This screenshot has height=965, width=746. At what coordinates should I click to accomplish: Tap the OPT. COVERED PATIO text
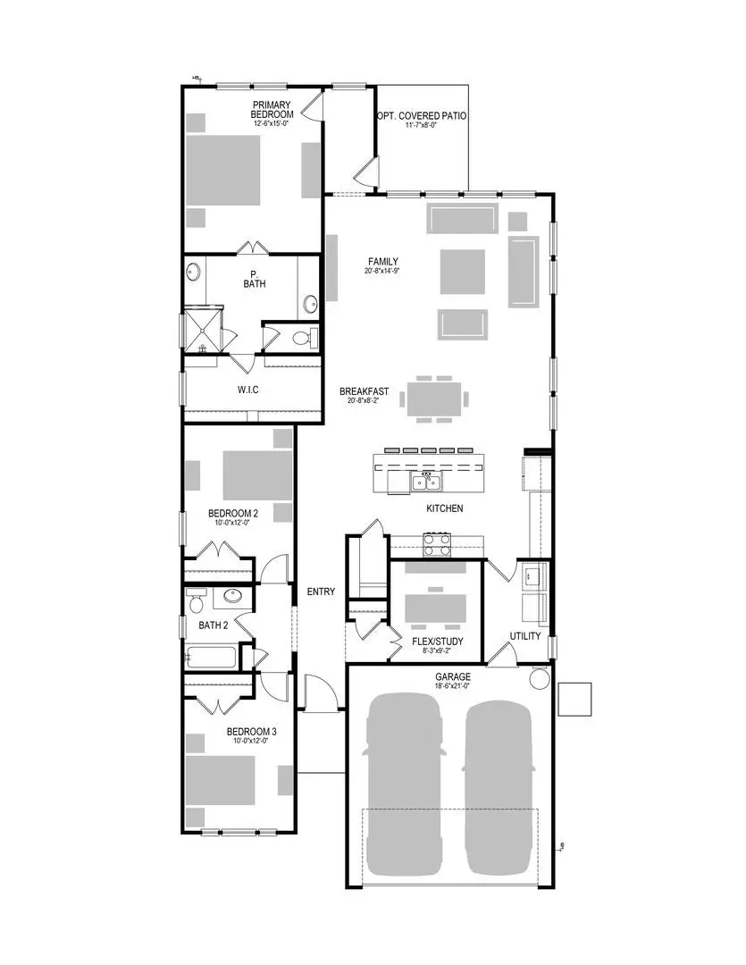[422, 116]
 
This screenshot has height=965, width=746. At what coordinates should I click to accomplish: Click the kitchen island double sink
[427, 482]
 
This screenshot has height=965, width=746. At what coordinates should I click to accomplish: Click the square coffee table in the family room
[463, 272]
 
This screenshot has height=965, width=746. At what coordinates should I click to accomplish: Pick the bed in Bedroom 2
[257, 474]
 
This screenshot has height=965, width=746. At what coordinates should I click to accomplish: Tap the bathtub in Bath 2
[211, 658]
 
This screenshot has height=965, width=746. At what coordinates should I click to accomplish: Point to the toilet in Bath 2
[195, 598]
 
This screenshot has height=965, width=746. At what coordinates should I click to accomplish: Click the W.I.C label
[247, 390]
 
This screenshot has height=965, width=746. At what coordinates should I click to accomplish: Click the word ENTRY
[321, 592]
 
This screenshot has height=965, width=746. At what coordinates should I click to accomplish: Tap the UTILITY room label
[525, 636]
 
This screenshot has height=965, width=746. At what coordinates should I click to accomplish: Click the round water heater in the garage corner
[541, 678]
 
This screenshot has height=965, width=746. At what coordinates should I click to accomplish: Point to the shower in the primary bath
[200, 330]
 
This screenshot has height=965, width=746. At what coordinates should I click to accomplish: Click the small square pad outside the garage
[574, 699]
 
